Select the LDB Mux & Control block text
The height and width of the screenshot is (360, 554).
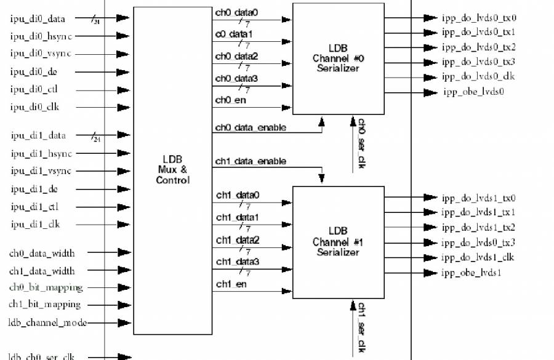pos(173,169)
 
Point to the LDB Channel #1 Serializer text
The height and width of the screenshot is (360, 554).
pos(338,242)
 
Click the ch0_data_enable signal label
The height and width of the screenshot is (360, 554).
pos(251,128)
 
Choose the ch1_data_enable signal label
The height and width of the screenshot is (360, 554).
pos(251,161)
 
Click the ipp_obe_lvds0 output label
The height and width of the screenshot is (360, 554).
pos(473,92)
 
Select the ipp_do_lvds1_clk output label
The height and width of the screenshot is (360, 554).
pos(478,257)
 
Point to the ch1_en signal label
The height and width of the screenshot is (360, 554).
pos(231,284)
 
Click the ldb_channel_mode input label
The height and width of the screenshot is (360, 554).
pos(47,322)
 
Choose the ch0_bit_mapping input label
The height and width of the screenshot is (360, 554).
pos(45,287)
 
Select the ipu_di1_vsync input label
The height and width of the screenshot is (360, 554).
pos(41,170)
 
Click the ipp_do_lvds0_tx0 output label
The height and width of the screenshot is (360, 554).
pos(478,18)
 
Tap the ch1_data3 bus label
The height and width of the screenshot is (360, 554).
pos(237,262)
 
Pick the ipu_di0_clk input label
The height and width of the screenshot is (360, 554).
pos(34,107)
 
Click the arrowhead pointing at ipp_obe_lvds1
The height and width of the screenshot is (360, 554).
pos(430,273)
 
